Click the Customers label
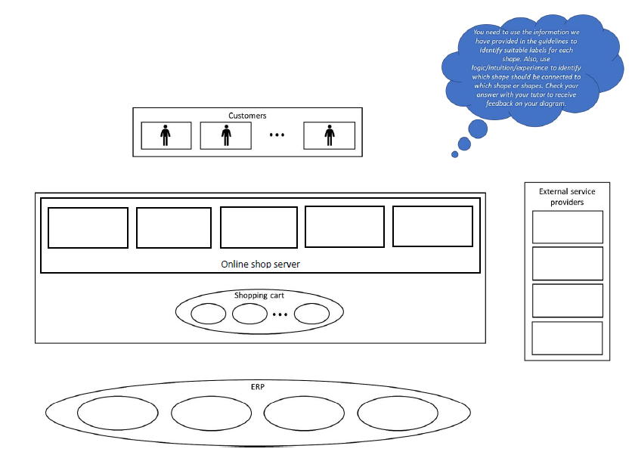(x=247, y=116)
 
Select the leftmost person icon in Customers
(x=166, y=135)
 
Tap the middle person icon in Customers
(x=225, y=135)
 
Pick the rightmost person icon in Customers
(x=329, y=135)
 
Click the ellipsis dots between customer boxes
(x=277, y=135)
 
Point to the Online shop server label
(x=261, y=264)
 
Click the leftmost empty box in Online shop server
(x=88, y=227)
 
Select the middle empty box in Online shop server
(x=259, y=227)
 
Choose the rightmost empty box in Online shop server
(x=432, y=227)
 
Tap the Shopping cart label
(x=259, y=296)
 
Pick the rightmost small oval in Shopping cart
(x=311, y=314)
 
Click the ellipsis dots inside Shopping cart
(x=280, y=314)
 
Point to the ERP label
(x=259, y=386)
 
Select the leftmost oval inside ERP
(x=116, y=413)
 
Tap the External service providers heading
(x=567, y=197)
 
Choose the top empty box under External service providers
(x=568, y=227)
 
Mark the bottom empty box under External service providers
(x=568, y=338)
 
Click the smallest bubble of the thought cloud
(x=455, y=154)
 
